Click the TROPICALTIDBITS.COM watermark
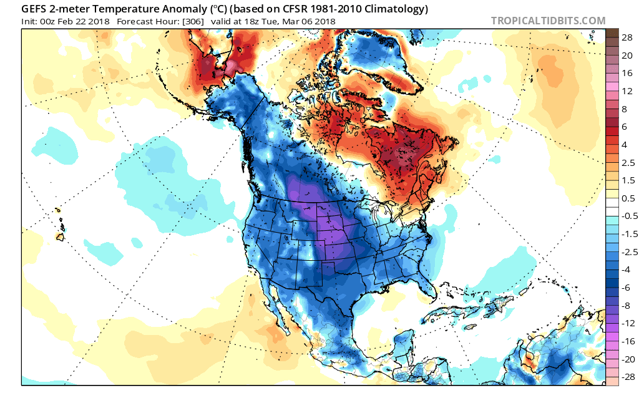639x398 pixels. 548,21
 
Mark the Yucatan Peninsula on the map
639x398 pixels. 404,340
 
